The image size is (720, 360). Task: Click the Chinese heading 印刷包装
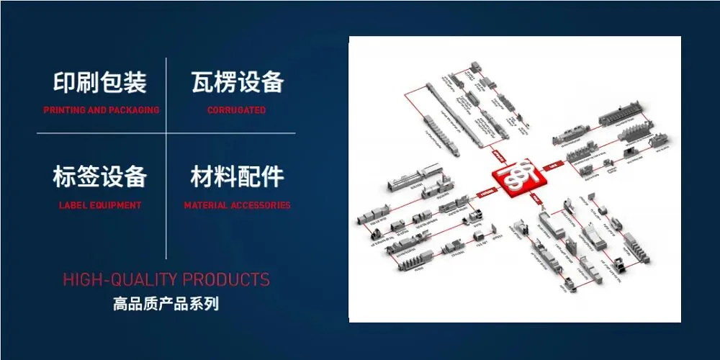tap(100, 83)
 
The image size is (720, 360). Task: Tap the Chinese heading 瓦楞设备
tap(237, 83)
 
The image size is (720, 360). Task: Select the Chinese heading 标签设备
tap(100, 177)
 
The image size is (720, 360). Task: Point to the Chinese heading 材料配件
tap(237, 177)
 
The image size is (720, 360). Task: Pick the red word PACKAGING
tap(135, 110)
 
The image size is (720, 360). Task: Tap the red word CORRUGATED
tap(236, 110)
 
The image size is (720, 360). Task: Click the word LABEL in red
tap(71, 205)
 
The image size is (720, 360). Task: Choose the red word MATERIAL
tap(206, 205)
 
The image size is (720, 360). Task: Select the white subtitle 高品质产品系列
tap(166, 304)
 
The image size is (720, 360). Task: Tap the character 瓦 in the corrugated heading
tap(202, 83)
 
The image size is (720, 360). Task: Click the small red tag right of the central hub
tap(553, 165)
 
